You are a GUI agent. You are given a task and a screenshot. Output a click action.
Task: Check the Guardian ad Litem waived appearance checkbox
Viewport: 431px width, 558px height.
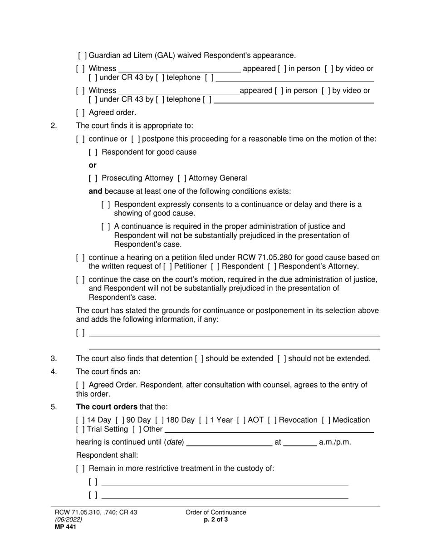(x=82, y=55)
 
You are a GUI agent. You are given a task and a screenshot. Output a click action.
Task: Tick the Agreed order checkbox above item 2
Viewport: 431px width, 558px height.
(x=80, y=113)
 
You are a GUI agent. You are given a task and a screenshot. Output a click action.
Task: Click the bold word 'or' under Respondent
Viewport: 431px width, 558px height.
(x=93, y=165)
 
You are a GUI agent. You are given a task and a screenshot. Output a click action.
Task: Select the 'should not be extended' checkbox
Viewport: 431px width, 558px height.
(x=282, y=358)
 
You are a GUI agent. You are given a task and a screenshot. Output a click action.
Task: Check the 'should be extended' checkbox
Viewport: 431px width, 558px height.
(x=199, y=358)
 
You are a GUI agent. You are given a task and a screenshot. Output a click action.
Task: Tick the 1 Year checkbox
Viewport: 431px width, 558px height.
(x=203, y=420)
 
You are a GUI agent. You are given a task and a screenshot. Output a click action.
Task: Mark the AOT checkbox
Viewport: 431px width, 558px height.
(x=241, y=420)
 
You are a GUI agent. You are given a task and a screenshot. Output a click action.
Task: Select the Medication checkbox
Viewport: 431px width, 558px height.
(x=326, y=420)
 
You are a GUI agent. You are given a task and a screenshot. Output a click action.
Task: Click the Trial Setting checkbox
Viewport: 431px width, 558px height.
(x=80, y=429)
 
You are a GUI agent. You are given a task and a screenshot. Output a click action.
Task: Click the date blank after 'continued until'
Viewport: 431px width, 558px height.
(x=229, y=442)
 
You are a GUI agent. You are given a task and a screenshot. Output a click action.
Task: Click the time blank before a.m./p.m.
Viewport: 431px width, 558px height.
(x=300, y=442)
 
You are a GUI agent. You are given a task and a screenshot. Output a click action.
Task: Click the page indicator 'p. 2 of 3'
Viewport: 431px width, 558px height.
(x=216, y=520)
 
